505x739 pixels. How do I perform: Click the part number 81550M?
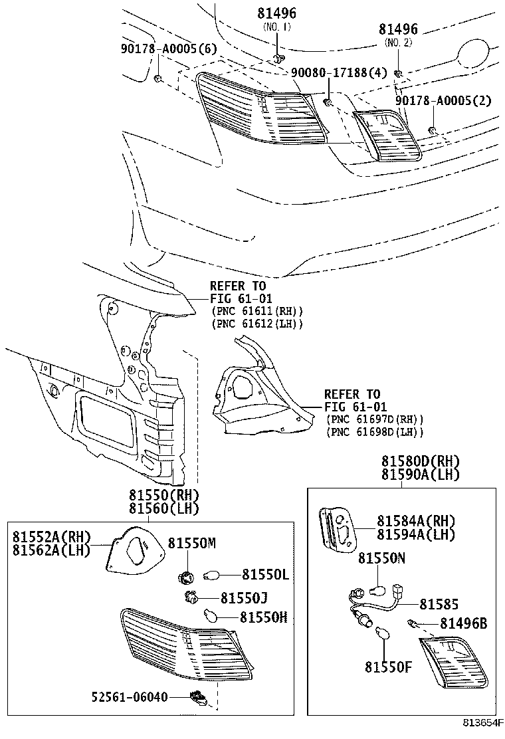pyautogui.click(x=191, y=543)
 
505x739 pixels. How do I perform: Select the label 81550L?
pyautogui.click(x=264, y=574)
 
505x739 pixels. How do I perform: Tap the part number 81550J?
pyautogui.click(x=245, y=597)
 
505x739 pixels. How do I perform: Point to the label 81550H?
pyautogui.click(x=263, y=617)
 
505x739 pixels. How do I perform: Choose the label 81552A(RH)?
pyautogui.click(x=51, y=537)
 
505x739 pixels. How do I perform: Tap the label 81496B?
pyautogui.click(x=462, y=623)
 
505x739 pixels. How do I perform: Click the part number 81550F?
pyautogui.click(x=388, y=665)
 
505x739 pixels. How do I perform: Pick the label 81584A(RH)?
pyautogui.click(x=416, y=520)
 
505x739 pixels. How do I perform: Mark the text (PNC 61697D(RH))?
pyautogui.click(x=375, y=420)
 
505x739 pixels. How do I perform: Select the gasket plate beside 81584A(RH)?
pyautogui.click(x=337, y=529)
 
